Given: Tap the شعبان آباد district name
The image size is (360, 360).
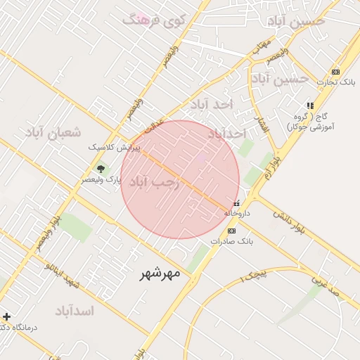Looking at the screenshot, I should tap(53, 132).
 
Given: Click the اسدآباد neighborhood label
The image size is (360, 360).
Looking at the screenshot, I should tap(83, 310).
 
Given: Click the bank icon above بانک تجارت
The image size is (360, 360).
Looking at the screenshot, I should tap(335, 72).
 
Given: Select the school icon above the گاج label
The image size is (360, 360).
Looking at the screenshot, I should tap(310, 105).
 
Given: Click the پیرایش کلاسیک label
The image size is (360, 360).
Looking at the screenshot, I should tap(115, 148).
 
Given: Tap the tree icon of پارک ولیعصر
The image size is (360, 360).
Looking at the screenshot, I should tap(100, 168).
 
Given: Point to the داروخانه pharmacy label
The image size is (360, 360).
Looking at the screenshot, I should tap(238, 212).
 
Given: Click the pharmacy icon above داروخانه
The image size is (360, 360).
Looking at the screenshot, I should tap(236, 203).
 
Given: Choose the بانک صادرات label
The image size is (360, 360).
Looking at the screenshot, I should tap(231, 241).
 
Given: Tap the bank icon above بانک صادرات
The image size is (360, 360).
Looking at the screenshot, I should tap(231, 231).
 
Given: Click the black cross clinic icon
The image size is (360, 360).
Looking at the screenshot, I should tap(6, 316).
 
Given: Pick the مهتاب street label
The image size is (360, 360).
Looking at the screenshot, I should tap(262, 44).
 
